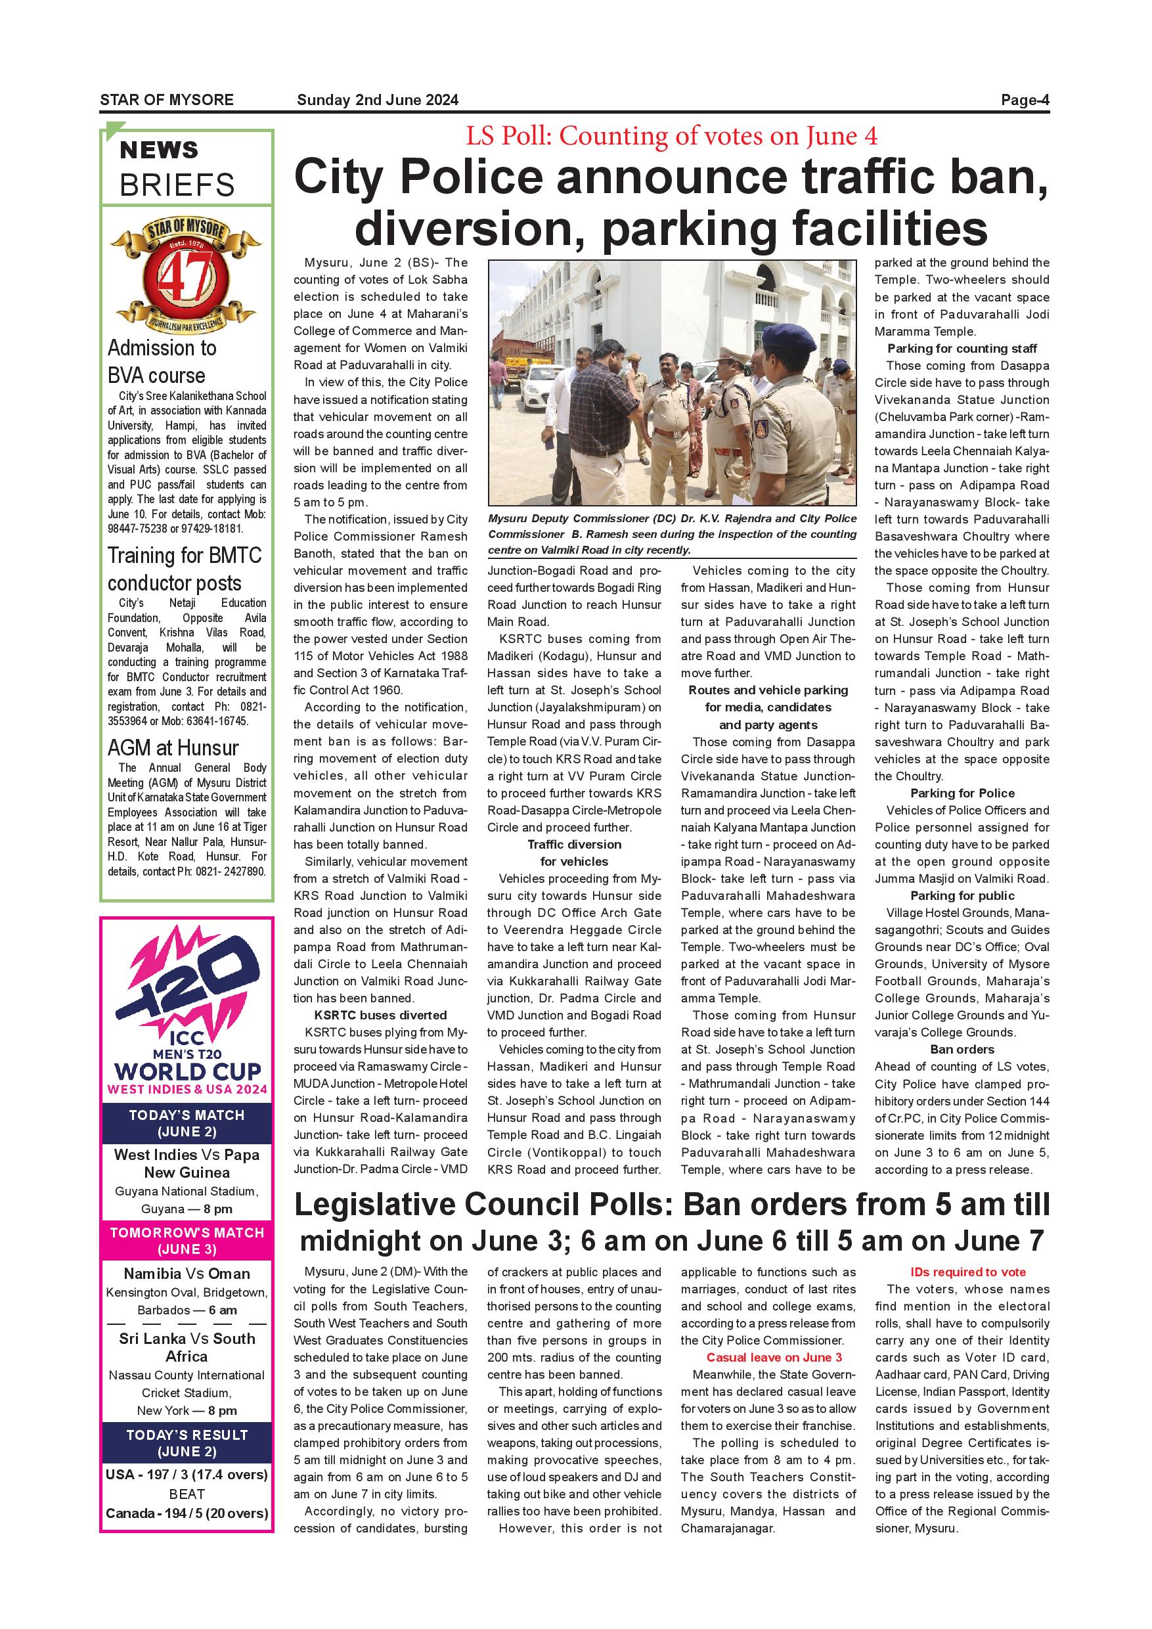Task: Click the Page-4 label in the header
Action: click(x=1025, y=100)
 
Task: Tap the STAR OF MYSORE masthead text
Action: click(x=167, y=100)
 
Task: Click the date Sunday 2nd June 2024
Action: click(x=378, y=100)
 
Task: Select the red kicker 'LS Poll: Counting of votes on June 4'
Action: click(x=671, y=135)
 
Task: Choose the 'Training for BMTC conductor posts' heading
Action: click(x=185, y=568)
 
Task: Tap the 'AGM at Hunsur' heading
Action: click(x=173, y=748)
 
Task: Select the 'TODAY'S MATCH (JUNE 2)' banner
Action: click(x=187, y=1123)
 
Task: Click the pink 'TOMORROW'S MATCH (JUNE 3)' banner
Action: click(x=187, y=1241)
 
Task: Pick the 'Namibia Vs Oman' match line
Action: click(x=187, y=1274)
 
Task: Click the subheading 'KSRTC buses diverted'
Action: click(x=380, y=1015)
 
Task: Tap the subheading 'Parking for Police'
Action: click(x=962, y=793)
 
